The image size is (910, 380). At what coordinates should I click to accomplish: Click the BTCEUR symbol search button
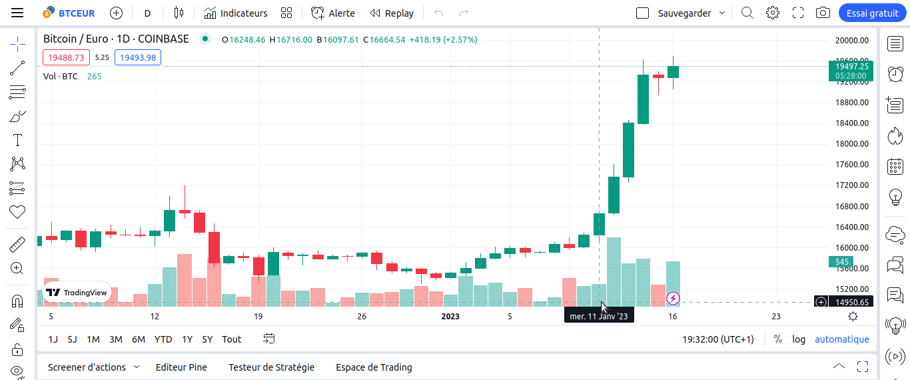click(69, 13)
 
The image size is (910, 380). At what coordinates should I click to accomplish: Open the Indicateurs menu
click(236, 13)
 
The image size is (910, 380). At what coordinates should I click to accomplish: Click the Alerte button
click(333, 13)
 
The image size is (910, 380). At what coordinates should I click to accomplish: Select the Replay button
click(392, 13)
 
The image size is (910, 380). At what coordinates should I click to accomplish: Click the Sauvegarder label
click(684, 13)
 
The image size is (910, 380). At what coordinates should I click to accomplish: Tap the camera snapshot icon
click(823, 13)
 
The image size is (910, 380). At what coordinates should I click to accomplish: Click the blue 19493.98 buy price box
click(138, 57)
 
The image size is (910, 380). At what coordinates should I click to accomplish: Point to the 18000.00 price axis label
click(852, 144)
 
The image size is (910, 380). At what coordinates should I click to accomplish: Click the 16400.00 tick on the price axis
click(852, 227)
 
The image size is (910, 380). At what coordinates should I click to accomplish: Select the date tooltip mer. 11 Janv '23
click(598, 316)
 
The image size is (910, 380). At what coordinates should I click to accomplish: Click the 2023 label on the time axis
click(450, 317)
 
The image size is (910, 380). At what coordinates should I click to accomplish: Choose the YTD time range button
click(163, 339)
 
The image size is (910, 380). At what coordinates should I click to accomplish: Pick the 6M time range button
click(139, 339)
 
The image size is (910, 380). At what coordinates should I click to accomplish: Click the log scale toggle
click(799, 339)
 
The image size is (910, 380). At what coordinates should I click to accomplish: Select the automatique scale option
click(841, 339)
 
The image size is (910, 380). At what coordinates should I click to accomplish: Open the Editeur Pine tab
click(181, 367)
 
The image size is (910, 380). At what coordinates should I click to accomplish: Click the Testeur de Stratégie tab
click(271, 367)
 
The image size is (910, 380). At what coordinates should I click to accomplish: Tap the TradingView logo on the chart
click(77, 293)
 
